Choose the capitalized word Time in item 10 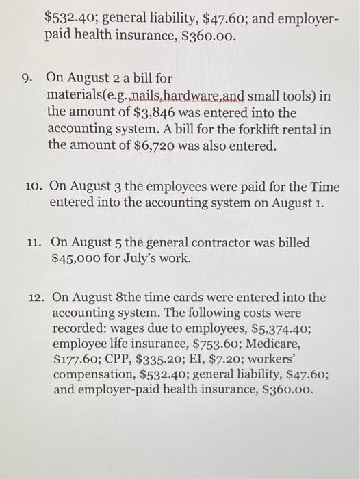324,186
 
